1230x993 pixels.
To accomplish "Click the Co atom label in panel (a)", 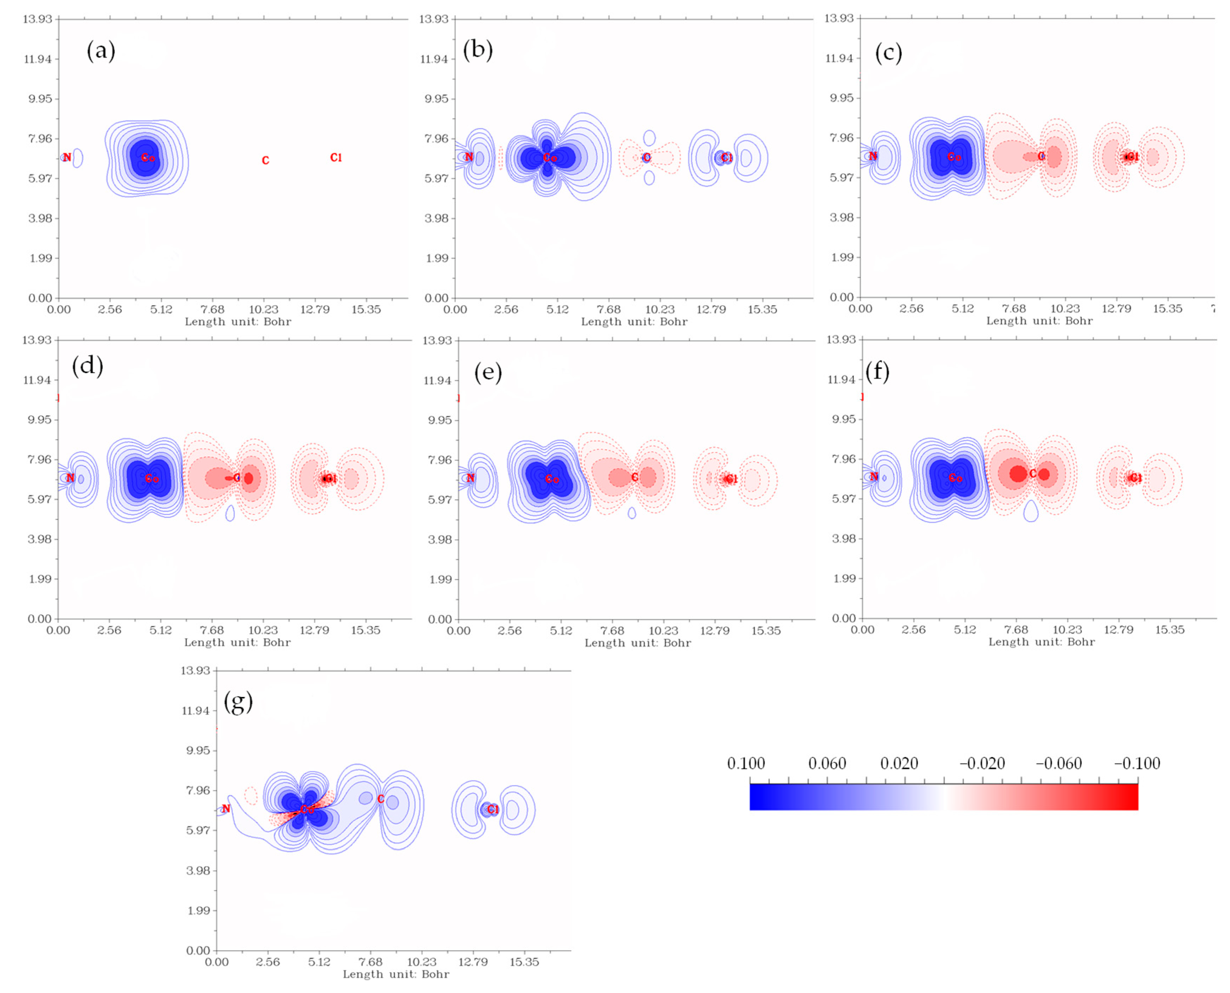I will (148, 158).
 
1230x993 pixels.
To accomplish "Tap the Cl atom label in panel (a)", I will (336, 157).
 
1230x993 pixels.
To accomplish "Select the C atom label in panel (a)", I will (265, 161).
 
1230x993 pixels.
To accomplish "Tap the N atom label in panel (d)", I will (70, 478).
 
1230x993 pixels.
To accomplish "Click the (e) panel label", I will (488, 372).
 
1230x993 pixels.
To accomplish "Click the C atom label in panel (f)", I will (1033, 474).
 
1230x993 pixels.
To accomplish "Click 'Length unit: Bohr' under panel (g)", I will (396, 974).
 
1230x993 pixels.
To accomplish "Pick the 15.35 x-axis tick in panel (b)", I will (762, 309).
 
